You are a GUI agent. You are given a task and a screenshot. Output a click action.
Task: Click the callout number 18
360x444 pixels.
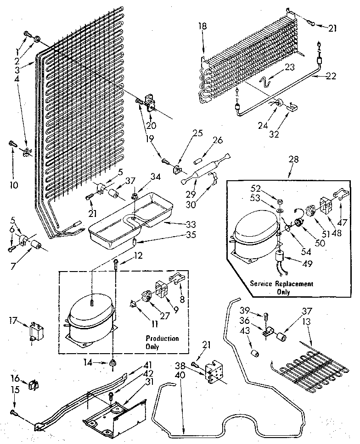(203, 27)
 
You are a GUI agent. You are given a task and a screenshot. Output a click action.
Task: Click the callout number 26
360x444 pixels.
(217, 141)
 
